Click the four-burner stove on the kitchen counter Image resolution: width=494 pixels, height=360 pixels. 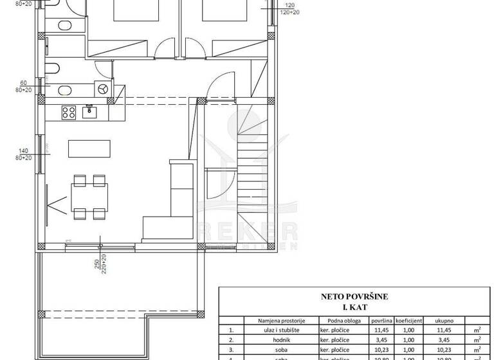click(68, 113)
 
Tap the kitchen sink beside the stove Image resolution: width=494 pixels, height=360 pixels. click(89, 113)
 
